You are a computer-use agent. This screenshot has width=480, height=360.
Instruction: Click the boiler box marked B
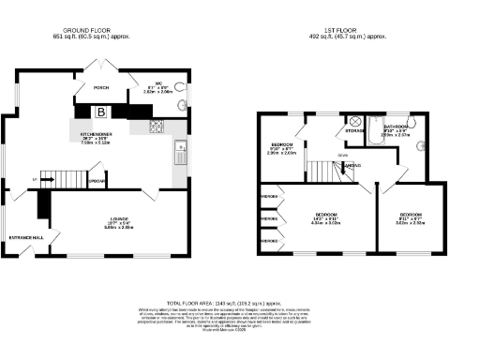pos(100,112)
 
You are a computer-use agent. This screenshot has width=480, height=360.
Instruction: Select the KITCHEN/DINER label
pos(97,134)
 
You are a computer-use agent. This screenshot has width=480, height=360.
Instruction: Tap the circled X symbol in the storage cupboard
pos(354,120)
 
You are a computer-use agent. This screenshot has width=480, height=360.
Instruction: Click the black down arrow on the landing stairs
pos(343,167)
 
